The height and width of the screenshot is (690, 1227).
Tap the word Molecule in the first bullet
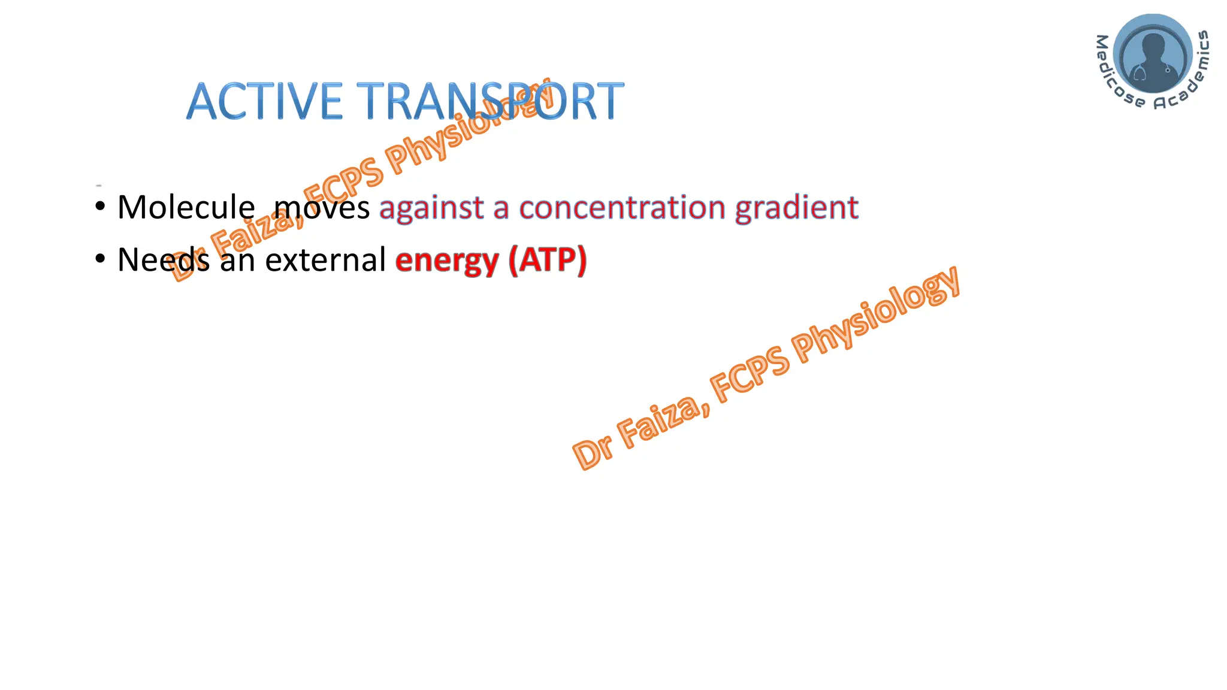tap(186, 207)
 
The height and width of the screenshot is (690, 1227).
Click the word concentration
tap(622, 207)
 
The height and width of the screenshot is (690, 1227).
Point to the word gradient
tap(797, 208)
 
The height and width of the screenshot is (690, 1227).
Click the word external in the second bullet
tap(325, 259)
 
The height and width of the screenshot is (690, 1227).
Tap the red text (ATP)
tap(548, 260)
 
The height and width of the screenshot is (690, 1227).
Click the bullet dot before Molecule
tap(100, 207)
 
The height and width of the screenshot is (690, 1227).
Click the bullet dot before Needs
tap(100, 259)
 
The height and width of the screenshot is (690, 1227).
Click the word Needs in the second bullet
tap(163, 259)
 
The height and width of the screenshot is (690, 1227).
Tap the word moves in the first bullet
tap(322, 207)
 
